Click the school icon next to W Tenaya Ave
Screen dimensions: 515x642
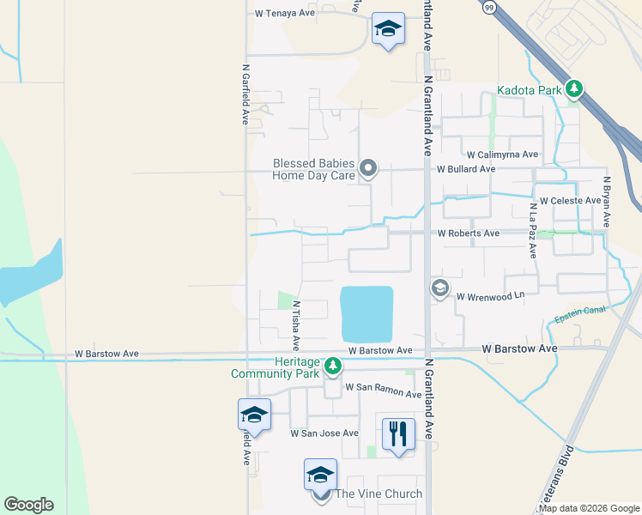388,30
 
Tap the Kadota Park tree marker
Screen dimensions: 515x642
573,88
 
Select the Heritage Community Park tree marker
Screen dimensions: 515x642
334,367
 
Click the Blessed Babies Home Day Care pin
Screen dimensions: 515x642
368,168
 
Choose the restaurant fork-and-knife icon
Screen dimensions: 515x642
397,433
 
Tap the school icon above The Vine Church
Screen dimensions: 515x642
320,474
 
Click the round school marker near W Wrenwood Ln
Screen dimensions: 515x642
440,288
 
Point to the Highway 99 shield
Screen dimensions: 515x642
488,7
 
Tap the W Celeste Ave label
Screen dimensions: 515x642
570,200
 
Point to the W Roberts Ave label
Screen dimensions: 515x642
468,233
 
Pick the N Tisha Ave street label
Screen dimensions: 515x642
295,325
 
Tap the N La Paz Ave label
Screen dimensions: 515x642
532,231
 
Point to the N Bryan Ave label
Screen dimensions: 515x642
606,202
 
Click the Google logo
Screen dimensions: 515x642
28,505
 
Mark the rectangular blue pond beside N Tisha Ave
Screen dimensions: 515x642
366,313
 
